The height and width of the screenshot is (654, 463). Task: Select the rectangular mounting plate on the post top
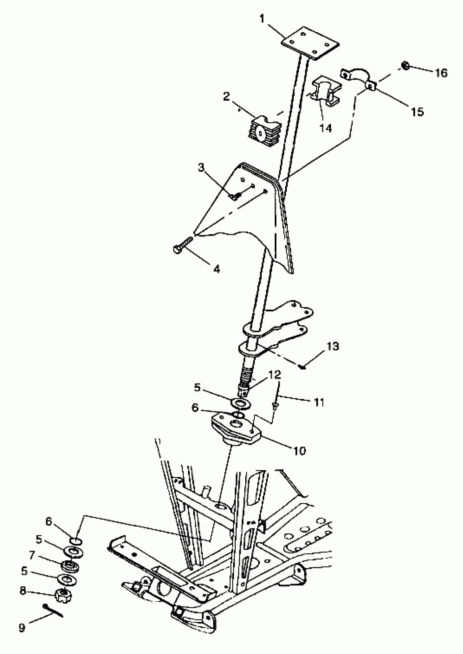pyautogui.click(x=310, y=43)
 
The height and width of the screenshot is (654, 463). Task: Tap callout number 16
pyautogui.click(x=441, y=73)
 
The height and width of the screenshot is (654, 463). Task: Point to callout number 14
pyautogui.click(x=325, y=128)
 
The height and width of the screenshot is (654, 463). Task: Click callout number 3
pyautogui.click(x=201, y=167)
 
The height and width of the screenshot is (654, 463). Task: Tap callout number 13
pyautogui.click(x=333, y=346)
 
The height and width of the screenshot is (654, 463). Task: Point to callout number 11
pyautogui.click(x=319, y=403)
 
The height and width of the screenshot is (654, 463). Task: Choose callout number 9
pyautogui.click(x=22, y=628)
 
